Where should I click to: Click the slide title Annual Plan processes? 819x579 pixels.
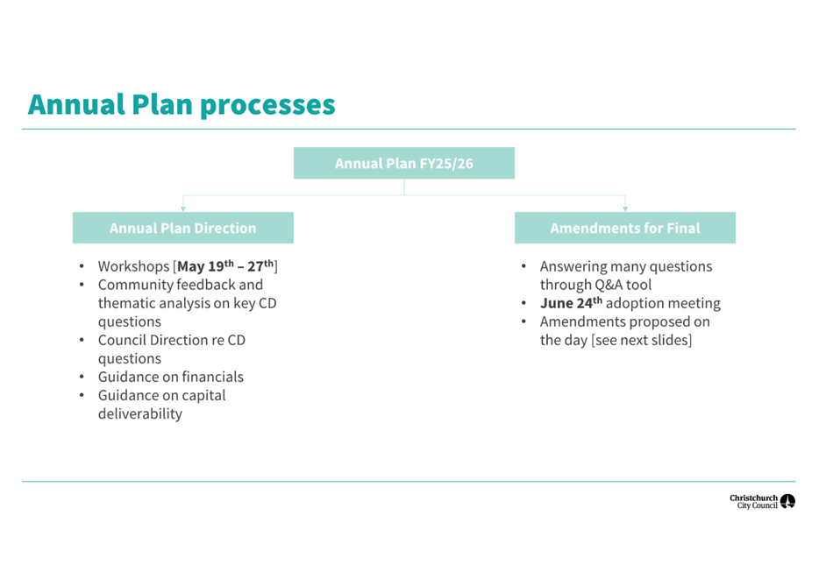pyautogui.click(x=182, y=104)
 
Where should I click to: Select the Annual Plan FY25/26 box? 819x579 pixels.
pyautogui.click(x=403, y=164)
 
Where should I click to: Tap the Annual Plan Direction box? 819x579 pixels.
pyautogui.click(x=182, y=228)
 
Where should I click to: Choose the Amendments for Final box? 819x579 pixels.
pyautogui.click(x=624, y=228)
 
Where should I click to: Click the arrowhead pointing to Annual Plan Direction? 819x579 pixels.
pyautogui.click(x=182, y=208)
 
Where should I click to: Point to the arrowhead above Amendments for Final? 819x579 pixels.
pyautogui.click(x=624, y=208)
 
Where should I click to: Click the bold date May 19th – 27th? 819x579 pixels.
pyautogui.click(x=226, y=266)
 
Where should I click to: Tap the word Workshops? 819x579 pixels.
pyautogui.click(x=134, y=266)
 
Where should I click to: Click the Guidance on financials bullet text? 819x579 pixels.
pyautogui.click(x=170, y=377)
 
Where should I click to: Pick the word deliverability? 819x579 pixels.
pyautogui.click(x=139, y=413)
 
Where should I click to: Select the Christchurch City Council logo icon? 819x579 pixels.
pyautogui.click(x=787, y=502)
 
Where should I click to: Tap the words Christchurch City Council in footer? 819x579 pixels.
pyautogui.click(x=753, y=502)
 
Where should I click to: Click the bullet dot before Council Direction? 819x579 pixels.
pyautogui.click(x=82, y=340)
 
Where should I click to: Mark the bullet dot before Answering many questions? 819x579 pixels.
pyautogui.click(x=523, y=266)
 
